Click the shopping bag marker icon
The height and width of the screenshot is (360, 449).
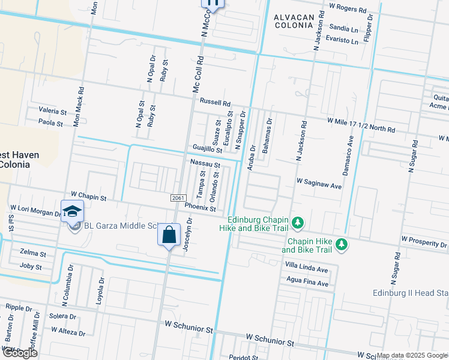(x=169, y=234)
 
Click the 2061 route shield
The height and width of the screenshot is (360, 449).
(x=176, y=198)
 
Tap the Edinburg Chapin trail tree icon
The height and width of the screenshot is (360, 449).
(x=297, y=224)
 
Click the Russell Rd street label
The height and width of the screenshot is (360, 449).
(x=215, y=103)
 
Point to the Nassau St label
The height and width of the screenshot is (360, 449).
(x=205, y=163)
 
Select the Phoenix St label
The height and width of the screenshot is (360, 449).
(x=200, y=207)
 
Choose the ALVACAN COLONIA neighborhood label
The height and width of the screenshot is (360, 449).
(x=294, y=22)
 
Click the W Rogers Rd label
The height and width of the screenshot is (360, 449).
(x=348, y=9)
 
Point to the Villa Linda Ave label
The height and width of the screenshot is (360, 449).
(x=306, y=269)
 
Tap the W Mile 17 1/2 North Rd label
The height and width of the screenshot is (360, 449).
(x=361, y=125)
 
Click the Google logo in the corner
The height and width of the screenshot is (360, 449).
(x=20, y=353)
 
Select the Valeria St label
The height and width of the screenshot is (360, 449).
(x=52, y=112)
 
